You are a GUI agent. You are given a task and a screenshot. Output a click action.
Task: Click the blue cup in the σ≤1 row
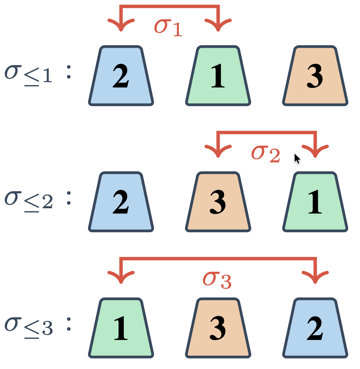[x=121, y=76]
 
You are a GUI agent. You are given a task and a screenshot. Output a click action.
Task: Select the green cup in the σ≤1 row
[x=218, y=76]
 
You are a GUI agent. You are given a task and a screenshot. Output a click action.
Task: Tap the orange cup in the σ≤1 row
[x=315, y=76]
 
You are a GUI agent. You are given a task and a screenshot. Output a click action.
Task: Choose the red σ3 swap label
[x=217, y=280]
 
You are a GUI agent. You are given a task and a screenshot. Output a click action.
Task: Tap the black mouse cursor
[x=297, y=158]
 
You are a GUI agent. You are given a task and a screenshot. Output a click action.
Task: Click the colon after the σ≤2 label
[x=69, y=198]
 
